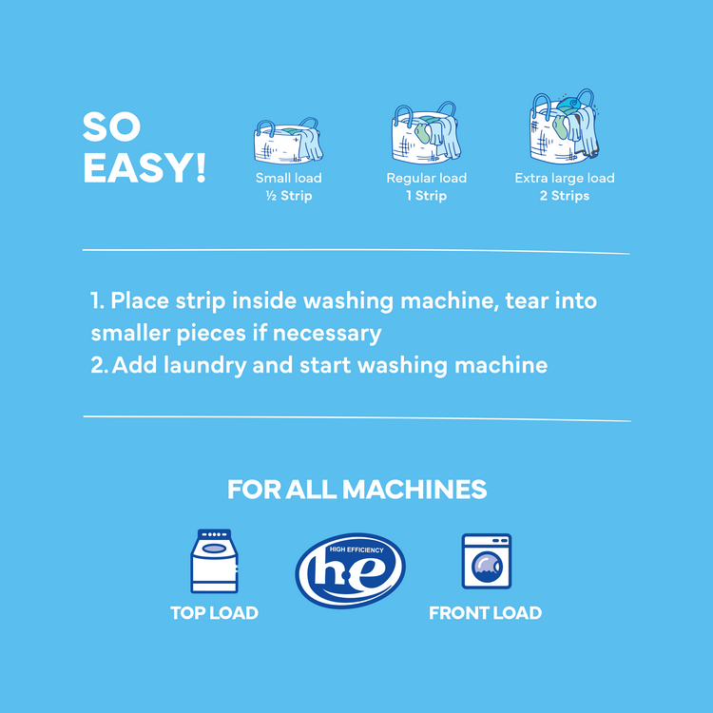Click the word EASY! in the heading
pyautogui.click(x=145, y=167)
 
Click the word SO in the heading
pyautogui.click(x=112, y=127)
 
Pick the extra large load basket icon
pyautogui.click(x=564, y=128)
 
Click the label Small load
pyautogui.click(x=288, y=179)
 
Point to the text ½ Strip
pyautogui.click(x=288, y=196)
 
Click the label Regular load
pyautogui.click(x=426, y=179)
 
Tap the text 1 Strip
pyautogui.click(x=426, y=196)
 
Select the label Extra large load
pyautogui.click(x=565, y=179)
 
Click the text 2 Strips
pyautogui.click(x=565, y=196)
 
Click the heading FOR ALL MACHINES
pyautogui.click(x=356, y=490)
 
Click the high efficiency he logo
pyautogui.click(x=350, y=569)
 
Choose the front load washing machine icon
pyautogui.click(x=486, y=562)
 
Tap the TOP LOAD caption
pyautogui.click(x=214, y=613)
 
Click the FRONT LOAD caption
pyautogui.click(x=485, y=613)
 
